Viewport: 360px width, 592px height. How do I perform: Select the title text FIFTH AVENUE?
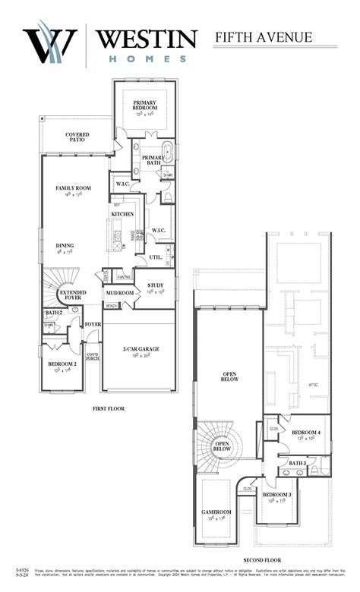[264, 36]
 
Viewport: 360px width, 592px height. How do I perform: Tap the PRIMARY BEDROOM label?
[144, 105]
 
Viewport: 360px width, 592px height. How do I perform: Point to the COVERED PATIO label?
[77, 137]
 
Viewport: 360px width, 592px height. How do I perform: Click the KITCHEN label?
[123, 215]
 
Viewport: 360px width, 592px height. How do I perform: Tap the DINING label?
[65, 246]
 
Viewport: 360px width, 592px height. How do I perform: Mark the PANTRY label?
[125, 277]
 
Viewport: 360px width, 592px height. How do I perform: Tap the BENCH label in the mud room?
[112, 306]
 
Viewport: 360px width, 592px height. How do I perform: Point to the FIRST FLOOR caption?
[109, 408]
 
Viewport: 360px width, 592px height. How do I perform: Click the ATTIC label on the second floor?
[314, 385]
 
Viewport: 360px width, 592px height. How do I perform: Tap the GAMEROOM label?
[216, 512]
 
